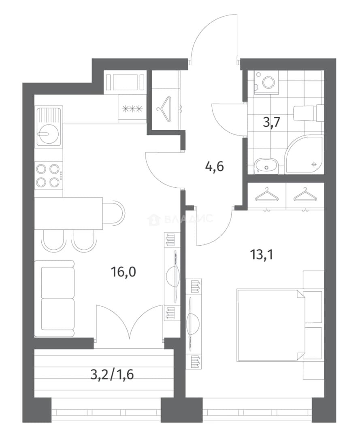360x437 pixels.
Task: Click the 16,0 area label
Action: tap(123, 272)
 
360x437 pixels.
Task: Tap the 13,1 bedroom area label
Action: tap(261, 255)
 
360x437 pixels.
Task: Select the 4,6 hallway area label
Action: tap(215, 167)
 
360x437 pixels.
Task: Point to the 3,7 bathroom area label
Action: tap(272, 122)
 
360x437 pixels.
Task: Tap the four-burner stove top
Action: tap(48, 176)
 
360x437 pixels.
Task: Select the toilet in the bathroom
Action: tap(308, 112)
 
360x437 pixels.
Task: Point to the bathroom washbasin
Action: tap(266, 166)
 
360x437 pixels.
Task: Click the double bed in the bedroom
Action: tap(271, 325)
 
